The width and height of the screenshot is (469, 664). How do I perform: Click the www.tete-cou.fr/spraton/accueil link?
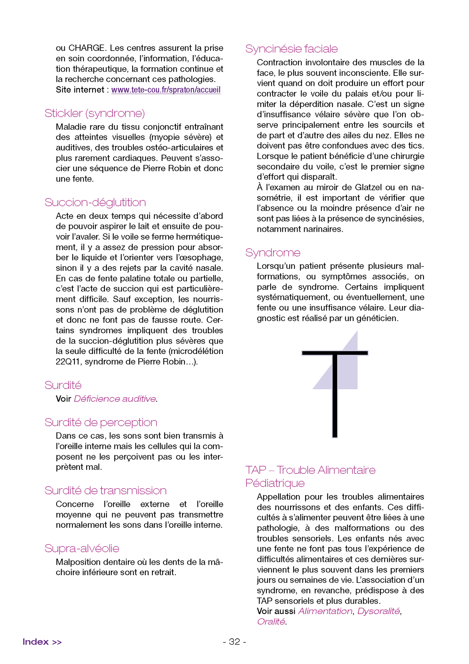(x=166, y=90)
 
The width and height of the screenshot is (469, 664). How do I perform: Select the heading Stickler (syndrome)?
(x=95, y=113)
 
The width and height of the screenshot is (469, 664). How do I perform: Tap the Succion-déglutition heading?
(x=95, y=202)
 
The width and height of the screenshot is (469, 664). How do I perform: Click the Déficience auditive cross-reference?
(x=115, y=399)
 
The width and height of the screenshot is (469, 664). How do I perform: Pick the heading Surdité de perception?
(x=101, y=422)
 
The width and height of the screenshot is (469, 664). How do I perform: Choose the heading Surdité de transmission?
(x=106, y=491)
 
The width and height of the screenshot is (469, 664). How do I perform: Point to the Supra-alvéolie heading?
(x=82, y=548)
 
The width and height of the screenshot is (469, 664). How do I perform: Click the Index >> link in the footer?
(x=42, y=642)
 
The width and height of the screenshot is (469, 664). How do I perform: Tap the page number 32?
(x=234, y=642)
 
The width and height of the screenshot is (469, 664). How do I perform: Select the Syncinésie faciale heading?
(x=292, y=49)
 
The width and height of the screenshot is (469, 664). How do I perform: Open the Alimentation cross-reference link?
(x=325, y=611)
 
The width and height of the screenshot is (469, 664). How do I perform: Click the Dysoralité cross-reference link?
(x=379, y=611)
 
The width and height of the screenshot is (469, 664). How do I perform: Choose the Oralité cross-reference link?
(x=271, y=622)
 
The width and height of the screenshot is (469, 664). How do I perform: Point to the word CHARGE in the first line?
(x=86, y=48)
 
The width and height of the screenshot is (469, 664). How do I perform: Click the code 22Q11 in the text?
(x=69, y=362)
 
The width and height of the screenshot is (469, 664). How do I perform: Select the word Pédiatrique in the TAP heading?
(x=275, y=483)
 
